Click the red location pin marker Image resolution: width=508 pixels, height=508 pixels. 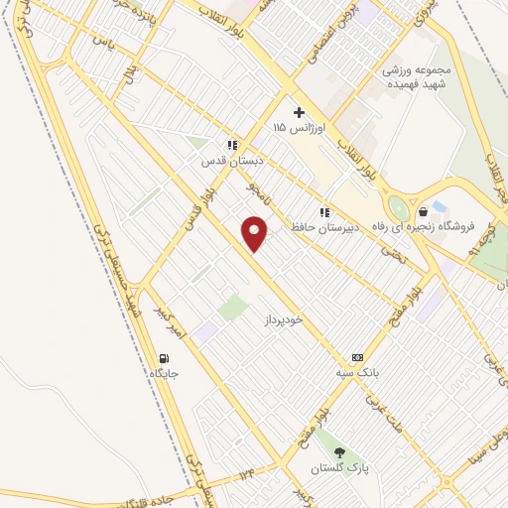[256, 233]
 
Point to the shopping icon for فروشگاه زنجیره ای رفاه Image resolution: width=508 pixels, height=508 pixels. [424, 210]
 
